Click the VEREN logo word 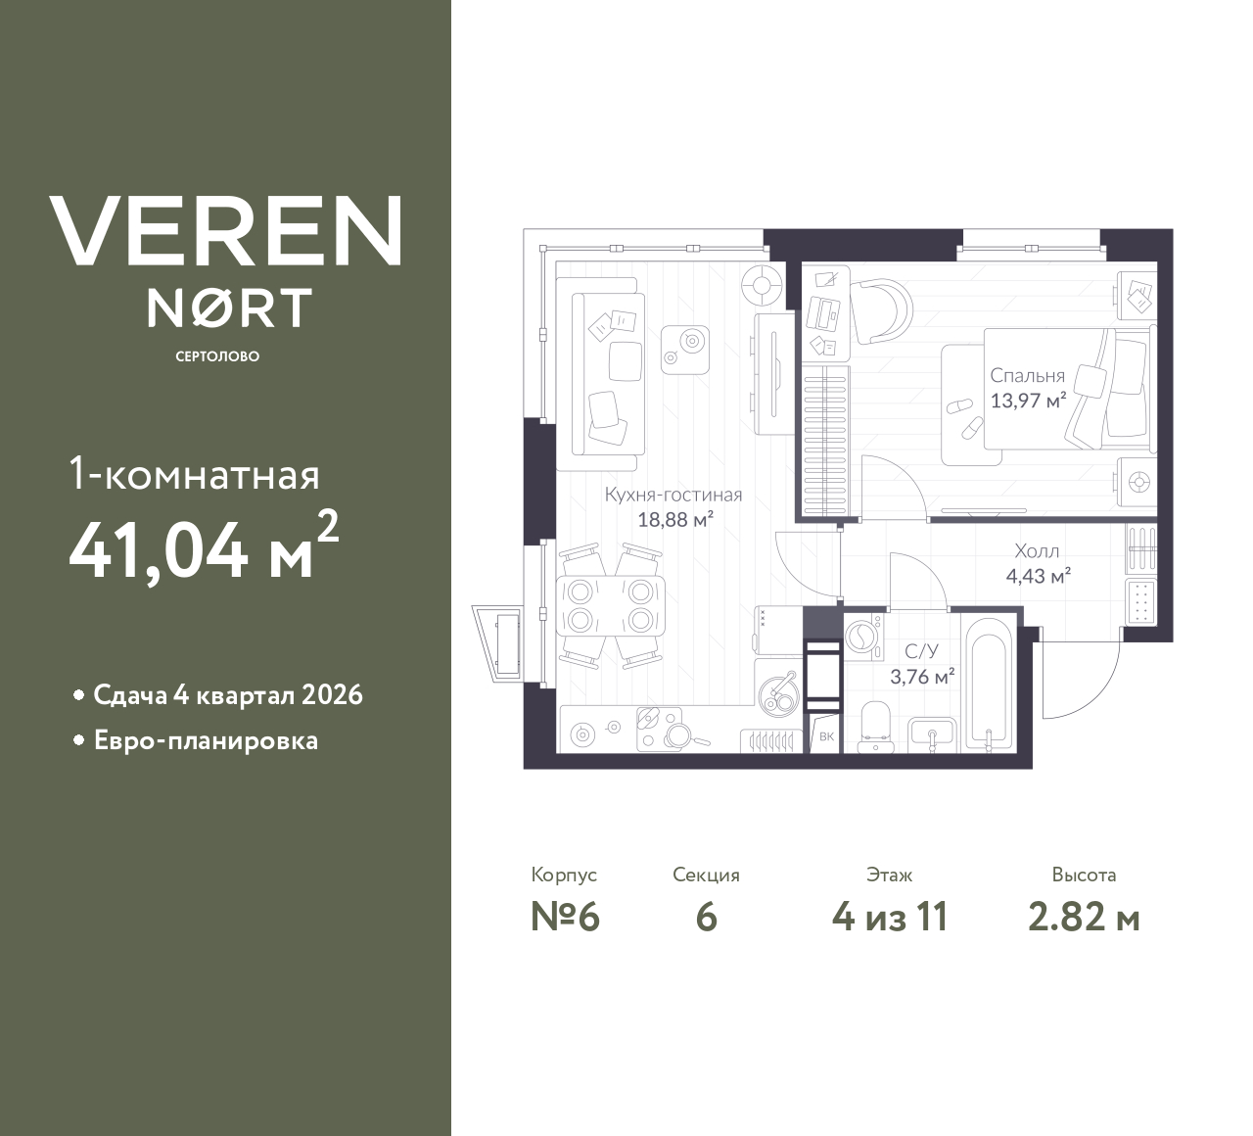225,231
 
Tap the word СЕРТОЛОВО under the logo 217,356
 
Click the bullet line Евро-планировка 206,740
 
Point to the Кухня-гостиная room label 673,496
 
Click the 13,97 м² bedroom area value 1027,401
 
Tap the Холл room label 1037,551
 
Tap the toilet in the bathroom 875,726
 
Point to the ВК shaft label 826,736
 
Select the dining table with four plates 610,606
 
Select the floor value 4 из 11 889,918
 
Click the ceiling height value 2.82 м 1084,918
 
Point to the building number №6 565,918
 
